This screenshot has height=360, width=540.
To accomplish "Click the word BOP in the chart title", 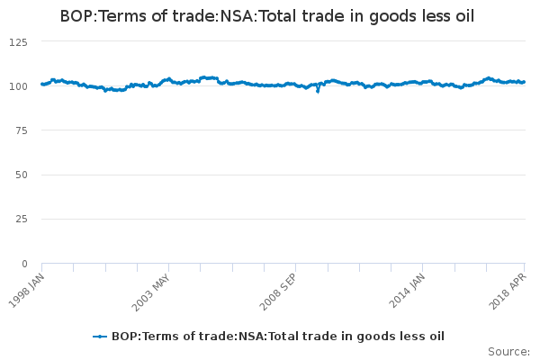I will [x=76, y=17].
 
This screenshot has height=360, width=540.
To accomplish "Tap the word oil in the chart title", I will [x=462, y=17].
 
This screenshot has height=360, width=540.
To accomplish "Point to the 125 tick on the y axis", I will [x=19, y=42].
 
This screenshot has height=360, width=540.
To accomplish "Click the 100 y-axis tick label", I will [x=19, y=86].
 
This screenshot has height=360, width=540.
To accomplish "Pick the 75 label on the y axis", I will [x=22, y=130].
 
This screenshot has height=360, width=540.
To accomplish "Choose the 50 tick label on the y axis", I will [x=22, y=175].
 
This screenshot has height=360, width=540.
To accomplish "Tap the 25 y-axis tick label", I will [x=22, y=219].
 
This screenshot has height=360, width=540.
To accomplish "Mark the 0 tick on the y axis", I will [x=25, y=264].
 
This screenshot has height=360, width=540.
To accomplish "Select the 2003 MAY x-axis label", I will [x=151, y=291].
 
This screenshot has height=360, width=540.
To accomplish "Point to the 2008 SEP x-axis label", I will [x=279, y=291].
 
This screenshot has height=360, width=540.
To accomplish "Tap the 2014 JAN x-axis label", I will [x=407, y=291].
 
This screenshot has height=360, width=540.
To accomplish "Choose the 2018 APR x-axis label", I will [x=508, y=291].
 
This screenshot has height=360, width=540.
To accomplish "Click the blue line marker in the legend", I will [x=100, y=337].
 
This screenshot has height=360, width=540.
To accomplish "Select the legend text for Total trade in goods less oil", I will [x=277, y=337].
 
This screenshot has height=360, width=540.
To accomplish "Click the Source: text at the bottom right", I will [x=508, y=351].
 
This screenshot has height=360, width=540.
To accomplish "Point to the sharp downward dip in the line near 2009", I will [x=318, y=92].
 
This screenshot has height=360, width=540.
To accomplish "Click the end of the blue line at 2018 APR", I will [x=525, y=82].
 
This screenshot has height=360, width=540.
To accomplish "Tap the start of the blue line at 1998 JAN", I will [x=42, y=85].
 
